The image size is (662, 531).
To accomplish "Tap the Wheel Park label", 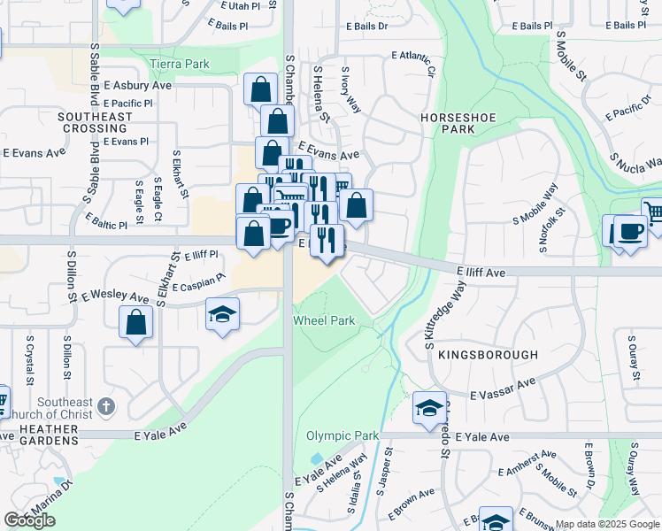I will point(324,320).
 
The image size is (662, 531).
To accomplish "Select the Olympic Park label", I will point(343,435).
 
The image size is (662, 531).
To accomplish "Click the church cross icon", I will point(105,406).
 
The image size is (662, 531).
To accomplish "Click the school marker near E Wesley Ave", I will point(222,313).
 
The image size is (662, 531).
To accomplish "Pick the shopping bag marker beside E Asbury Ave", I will point(259,88).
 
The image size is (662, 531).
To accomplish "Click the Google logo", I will point(30,520).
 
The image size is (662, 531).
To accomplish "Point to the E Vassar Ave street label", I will point(503,389).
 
